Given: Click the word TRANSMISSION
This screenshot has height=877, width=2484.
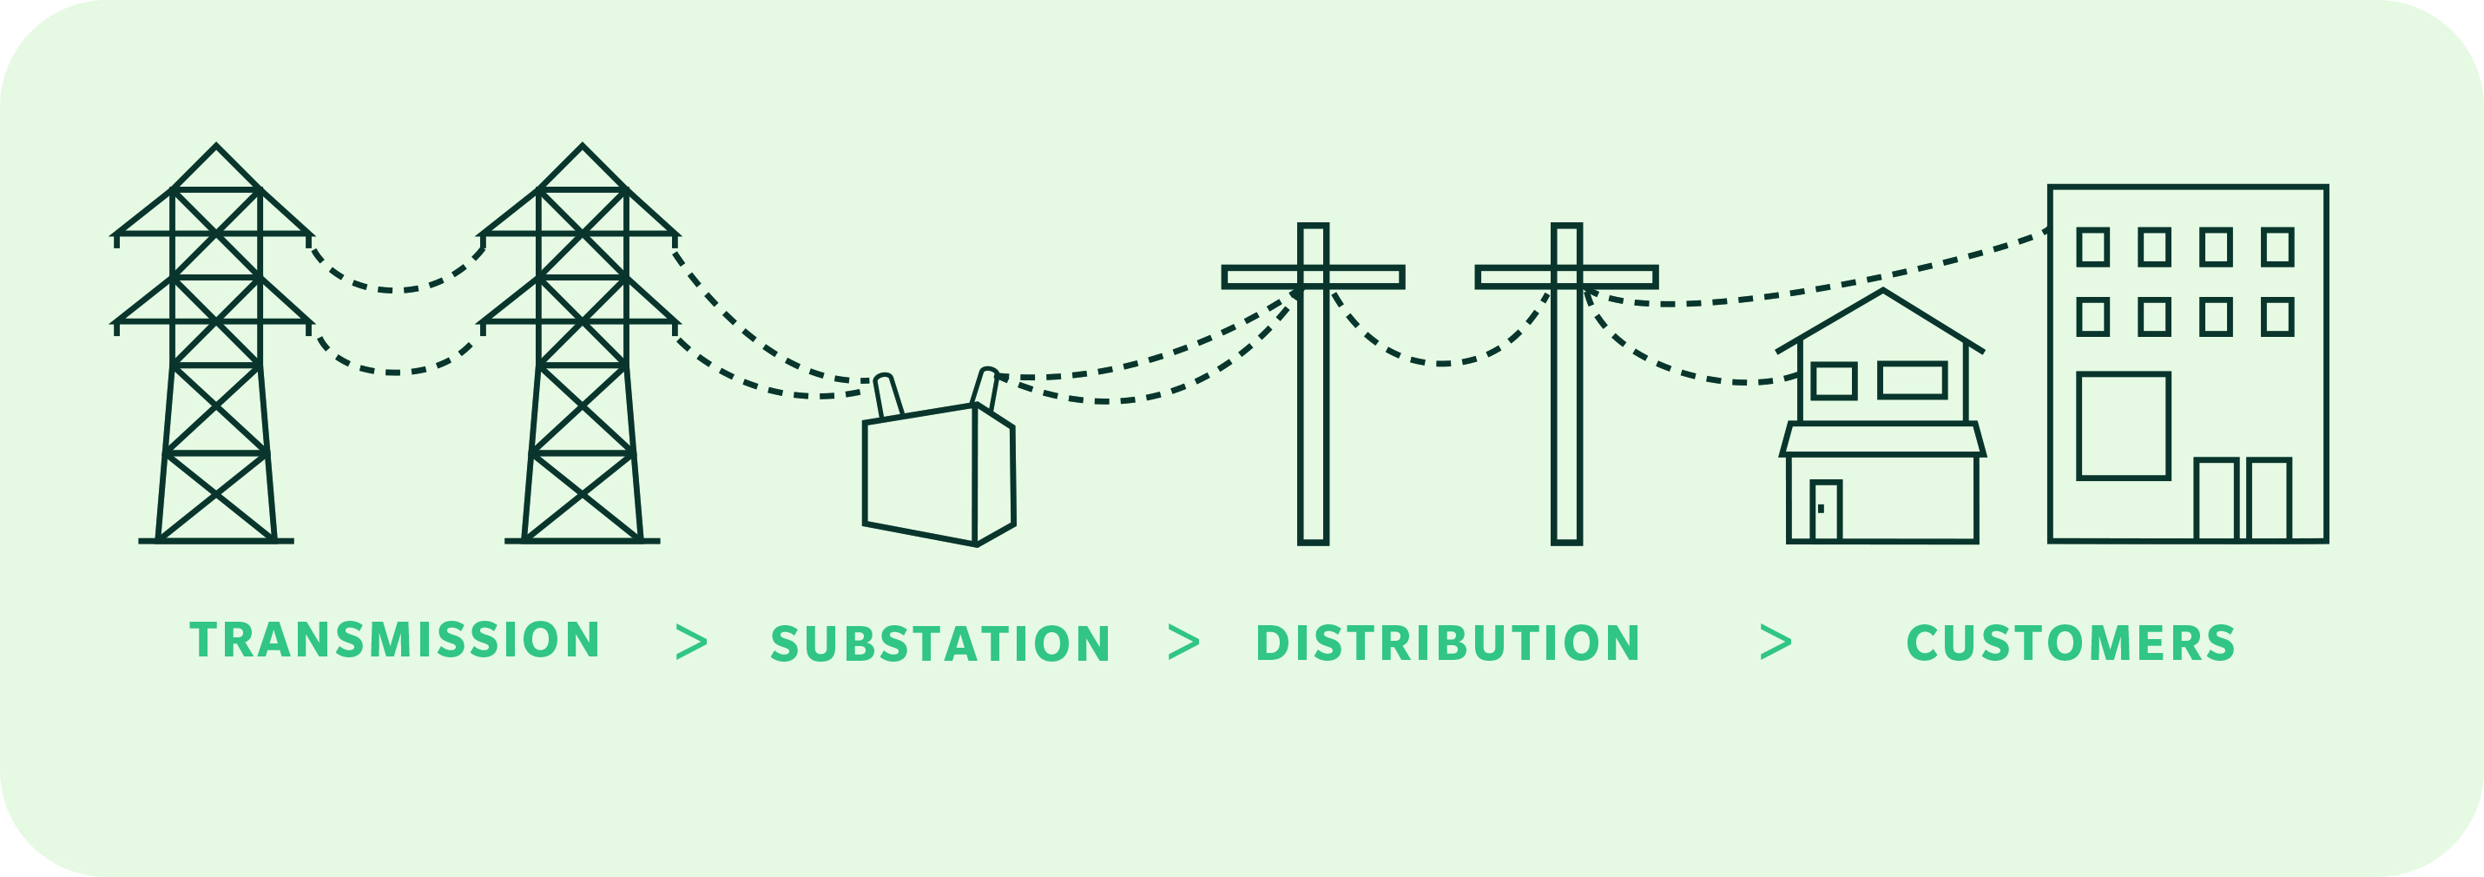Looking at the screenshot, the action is pos(395,640).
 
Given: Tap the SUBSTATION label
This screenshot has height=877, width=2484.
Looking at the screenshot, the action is pos(941,643).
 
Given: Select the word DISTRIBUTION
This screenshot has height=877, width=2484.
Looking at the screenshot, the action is pos(1447,643).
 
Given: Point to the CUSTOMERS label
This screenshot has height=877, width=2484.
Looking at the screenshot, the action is pos(2072,643).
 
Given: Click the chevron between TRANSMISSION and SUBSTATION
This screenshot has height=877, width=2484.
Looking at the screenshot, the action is pos(692,643).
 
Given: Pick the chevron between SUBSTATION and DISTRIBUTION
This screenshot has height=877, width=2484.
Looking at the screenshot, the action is pos(1184,643).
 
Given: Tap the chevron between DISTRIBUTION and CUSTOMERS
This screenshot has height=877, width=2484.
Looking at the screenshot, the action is pos(1776,643).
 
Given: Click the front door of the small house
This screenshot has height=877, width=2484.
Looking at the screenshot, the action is pos(1825,511).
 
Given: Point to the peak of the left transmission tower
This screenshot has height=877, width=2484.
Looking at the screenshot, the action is pos(216,146).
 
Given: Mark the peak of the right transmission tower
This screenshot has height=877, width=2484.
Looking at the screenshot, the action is pos(583,146).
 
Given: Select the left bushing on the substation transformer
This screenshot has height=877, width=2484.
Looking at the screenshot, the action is pos(887,396).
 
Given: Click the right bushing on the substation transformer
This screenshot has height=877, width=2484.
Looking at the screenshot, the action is pos(985,388).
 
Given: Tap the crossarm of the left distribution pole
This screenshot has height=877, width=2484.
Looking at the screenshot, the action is pos(1314,278).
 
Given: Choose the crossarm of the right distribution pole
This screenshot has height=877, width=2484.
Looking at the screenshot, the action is pos(1567,278).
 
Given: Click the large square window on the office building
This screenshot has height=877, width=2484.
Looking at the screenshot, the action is pos(2124,425).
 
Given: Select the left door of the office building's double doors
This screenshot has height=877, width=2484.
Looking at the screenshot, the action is pos(2216,500).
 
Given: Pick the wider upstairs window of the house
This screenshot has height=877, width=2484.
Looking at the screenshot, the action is pos(1912,380).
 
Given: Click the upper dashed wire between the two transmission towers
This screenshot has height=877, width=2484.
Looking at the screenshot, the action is pos(395,289).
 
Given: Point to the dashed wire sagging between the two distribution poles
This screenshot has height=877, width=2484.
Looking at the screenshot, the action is pos(1441,363).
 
